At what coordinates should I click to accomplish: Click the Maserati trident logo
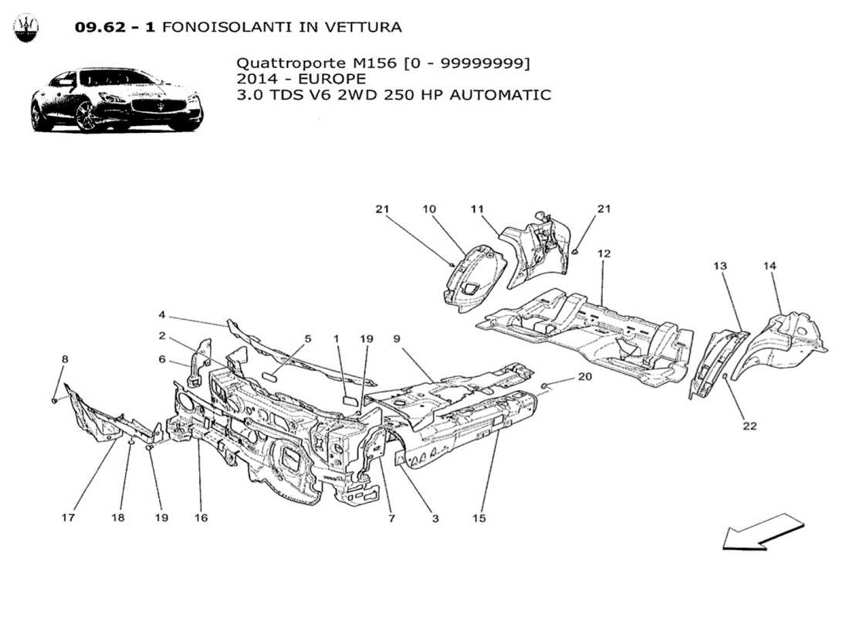27,28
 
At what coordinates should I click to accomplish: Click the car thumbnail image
117,100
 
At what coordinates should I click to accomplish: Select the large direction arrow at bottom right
763,531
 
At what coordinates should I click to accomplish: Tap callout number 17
68,518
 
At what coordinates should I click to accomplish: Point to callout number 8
65,359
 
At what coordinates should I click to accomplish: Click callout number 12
603,253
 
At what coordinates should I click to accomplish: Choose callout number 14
770,266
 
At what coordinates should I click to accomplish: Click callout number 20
584,377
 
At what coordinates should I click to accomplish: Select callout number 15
479,518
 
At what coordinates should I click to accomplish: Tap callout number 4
162,315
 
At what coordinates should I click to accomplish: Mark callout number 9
396,338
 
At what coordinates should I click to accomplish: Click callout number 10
429,209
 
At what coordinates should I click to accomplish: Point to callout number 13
719,266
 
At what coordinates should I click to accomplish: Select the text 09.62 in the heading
95,27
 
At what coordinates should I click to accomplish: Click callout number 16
201,518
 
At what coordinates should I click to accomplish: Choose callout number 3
435,518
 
